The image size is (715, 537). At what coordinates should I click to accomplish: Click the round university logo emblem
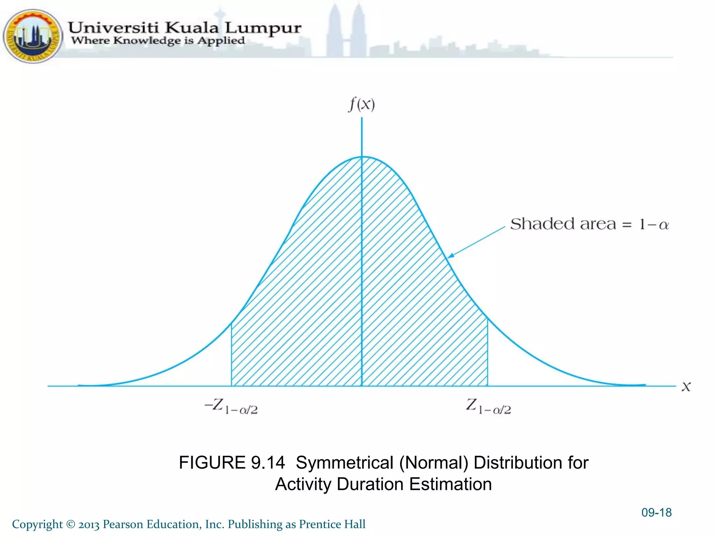33,36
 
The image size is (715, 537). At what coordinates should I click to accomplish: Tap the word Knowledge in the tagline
147,41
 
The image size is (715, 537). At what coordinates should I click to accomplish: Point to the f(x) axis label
362,104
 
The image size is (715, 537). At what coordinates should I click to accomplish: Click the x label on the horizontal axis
686,387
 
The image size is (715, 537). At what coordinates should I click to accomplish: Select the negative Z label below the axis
231,407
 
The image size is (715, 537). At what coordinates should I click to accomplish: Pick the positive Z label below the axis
488,407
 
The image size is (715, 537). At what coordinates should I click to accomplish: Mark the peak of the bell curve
362,157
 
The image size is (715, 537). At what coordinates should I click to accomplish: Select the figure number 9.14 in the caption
268,463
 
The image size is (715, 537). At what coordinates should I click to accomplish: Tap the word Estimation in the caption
450,485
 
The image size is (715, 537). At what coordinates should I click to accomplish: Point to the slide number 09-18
656,513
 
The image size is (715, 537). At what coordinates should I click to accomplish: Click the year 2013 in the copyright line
89,524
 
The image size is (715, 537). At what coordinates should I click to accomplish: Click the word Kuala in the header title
192,28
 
